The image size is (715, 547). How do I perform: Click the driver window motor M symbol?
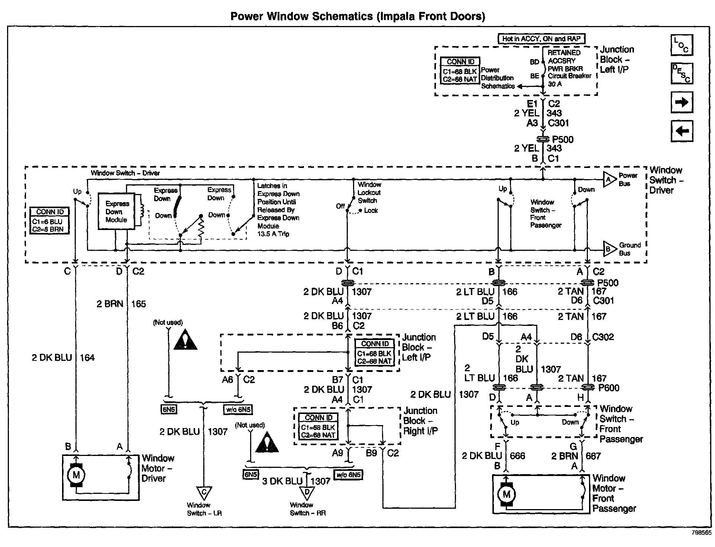76,475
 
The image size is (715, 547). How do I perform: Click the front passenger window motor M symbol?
506,494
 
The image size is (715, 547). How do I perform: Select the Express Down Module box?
116,211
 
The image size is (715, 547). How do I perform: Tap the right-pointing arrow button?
682,103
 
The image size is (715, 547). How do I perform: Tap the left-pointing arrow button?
682,131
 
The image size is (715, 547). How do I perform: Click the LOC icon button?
682,45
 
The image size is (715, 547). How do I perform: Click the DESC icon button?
682,73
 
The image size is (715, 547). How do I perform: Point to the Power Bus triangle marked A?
609,180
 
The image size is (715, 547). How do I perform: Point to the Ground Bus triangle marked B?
609,249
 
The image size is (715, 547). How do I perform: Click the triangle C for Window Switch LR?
204,493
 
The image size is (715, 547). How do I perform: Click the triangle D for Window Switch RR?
307,493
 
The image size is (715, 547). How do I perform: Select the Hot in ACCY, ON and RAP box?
541,39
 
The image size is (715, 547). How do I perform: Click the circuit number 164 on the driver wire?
87,358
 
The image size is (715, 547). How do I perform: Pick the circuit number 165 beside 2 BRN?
139,304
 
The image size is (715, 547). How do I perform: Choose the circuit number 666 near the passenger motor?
517,456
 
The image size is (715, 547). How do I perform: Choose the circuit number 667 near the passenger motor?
593,456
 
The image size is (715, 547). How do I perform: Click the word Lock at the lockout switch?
371,211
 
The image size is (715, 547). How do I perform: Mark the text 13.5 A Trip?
273,234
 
